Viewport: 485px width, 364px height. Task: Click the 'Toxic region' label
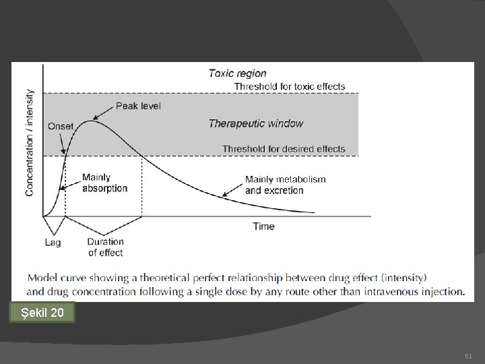[237, 73]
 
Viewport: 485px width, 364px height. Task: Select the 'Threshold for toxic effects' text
[289, 86]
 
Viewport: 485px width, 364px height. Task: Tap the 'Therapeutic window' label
[255, 123]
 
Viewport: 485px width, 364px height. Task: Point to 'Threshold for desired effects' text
[284, 149]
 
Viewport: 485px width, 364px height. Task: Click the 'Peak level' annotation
[138, 106]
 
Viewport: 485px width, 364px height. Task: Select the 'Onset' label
[61, 126]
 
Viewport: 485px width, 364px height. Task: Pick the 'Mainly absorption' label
[104, 183]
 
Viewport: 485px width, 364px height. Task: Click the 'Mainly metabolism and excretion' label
[285, 185]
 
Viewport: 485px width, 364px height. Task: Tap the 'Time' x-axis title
[263, 226]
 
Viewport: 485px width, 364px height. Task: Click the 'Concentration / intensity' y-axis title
[30, 142]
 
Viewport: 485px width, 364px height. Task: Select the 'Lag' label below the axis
[53, 241]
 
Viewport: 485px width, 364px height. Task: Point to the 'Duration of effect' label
[106, 247]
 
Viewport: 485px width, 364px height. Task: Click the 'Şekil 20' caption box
[43, 313]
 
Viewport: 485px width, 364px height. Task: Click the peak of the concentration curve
[91, 121]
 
